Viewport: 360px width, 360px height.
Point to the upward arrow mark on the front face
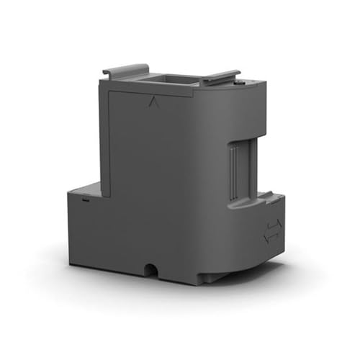(x=152, y=102)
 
